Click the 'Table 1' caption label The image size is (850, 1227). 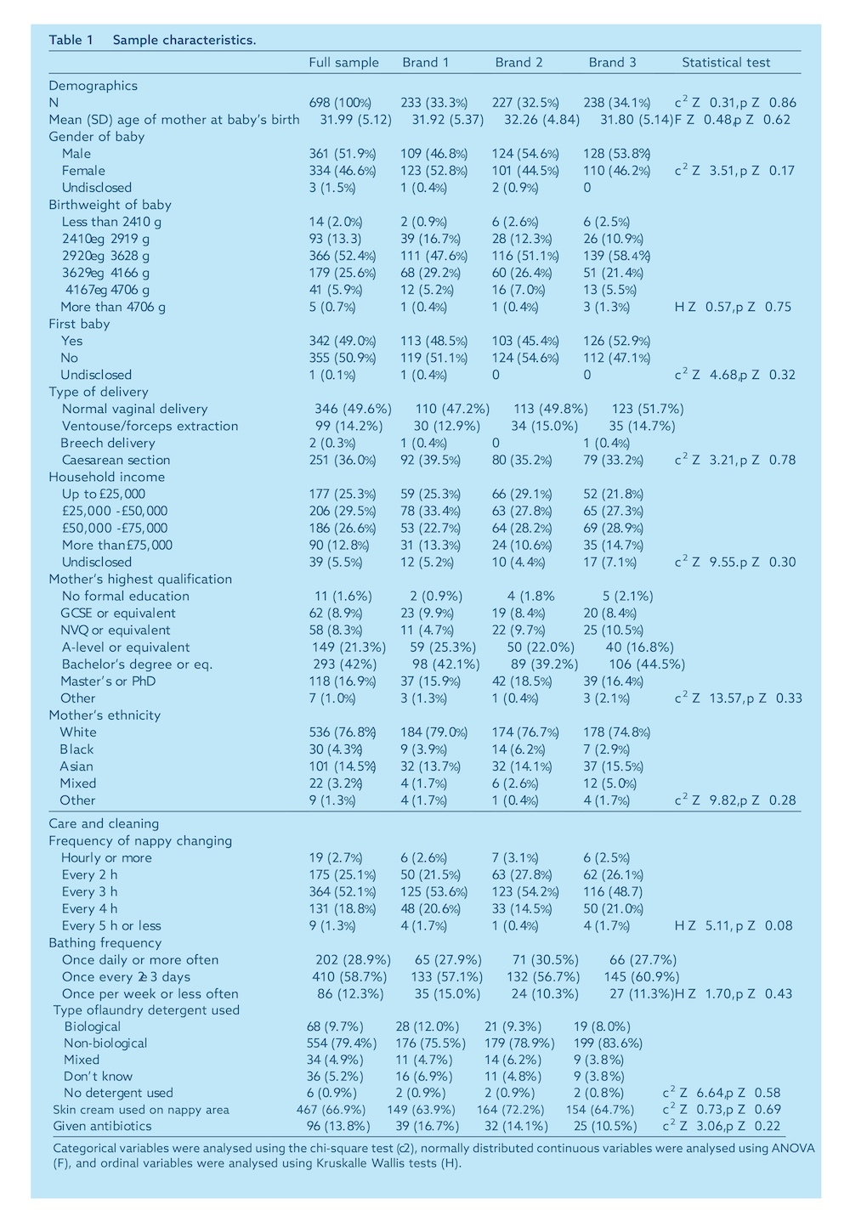click(71, 40)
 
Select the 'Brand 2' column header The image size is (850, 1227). click(518, 62)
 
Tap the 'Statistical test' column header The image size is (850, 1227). click(726, 62)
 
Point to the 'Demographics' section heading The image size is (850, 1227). click(93, 86)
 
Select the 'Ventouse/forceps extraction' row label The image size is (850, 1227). click(150, 426)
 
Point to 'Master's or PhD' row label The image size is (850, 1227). click(108, 681)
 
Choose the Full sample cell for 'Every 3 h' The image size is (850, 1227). click(343, 891)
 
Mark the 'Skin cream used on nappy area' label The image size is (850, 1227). click(141, 1109)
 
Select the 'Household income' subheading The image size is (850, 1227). click(107, 477)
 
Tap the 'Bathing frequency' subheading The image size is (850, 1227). click(105, 942)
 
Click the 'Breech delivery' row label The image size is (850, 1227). click(108, 443)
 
